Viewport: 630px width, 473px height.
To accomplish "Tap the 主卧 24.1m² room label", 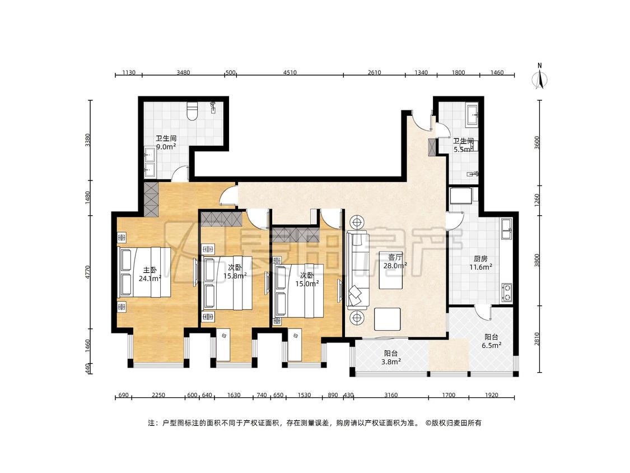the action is [x=150, y=274].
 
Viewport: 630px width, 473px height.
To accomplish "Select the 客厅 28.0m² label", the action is [x=395, y=261].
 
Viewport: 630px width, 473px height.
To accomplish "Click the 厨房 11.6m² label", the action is [x=481, y=263].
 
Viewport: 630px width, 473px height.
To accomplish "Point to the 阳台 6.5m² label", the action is [x=491, y=341].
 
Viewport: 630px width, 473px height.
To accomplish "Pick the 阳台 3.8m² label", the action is [x=391, y=357].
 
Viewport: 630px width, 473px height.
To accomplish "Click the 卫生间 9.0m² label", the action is [x=166, y=142].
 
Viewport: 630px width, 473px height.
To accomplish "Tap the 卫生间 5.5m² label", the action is [x=463, y=145].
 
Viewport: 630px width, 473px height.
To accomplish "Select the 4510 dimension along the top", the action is [x=290, y=72].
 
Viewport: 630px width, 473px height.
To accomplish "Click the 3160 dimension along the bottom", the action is [x=390, y=395].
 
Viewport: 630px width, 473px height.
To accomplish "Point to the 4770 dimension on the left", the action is [x=88, y=272].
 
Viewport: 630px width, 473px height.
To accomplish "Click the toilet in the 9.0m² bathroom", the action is [x=193, y=110].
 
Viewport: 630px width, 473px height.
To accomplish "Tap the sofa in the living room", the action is [x=357, y=270].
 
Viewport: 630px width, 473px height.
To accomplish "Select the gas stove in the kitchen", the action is [x=507, y=293].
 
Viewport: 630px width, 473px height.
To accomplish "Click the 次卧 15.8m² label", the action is [x=235, y=271].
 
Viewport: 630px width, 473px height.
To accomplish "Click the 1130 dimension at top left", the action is [x=129, y=72].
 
